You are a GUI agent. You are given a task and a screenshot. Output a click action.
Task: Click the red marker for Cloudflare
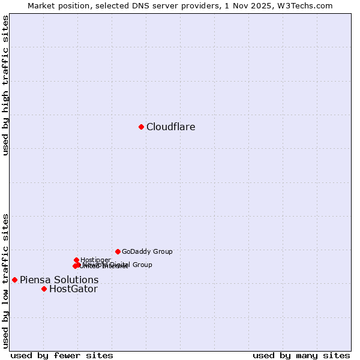[x=141, y=127]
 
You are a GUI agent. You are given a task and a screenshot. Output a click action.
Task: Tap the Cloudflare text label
[x=170, y=127]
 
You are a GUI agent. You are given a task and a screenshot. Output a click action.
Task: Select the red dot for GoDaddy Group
[x=118, y=251]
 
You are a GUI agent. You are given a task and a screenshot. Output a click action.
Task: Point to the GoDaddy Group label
[x=147, y=251]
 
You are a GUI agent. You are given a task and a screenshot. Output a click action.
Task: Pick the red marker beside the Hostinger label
[x=76, y=260]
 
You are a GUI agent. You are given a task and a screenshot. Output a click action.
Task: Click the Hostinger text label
[x=96, y=260]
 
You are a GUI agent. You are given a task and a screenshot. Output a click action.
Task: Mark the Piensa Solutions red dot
[x=14, y=280]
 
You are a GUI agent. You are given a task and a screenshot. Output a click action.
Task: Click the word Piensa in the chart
[x=34, y=280]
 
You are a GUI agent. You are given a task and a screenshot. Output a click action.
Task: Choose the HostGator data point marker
[x=44, y=289]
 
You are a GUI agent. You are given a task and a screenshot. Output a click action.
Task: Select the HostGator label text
[x=73, y=289]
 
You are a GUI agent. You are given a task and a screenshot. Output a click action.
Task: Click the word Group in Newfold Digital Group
[x=142, y=265]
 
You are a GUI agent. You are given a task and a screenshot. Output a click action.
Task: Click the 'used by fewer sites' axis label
[x=62, y=355]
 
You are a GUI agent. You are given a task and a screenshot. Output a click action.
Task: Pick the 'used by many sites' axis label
[x=301, y=355]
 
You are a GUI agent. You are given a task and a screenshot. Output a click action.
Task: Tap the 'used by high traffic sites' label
[x=5, y=86]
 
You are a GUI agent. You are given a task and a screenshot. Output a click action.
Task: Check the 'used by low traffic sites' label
[x=5, y=281]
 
